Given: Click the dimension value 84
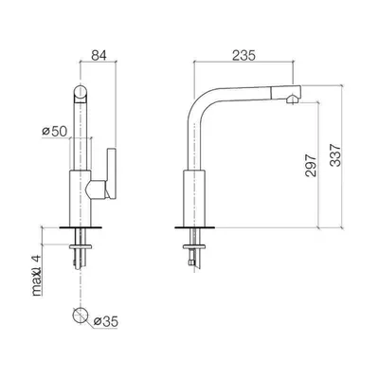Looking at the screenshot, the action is pyautogui.click(x=99, y=55).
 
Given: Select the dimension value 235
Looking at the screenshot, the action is pyautogui.click(x=244, y=56).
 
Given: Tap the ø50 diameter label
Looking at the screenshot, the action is pyautogui.click(x=55, y=132).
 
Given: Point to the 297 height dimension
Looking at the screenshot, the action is pyautogui.click(x=311, y=165).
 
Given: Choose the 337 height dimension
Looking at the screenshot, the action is pyautogui.click(x=335, y=155).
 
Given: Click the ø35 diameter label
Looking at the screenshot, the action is pyautogui.click(x=106, y=321).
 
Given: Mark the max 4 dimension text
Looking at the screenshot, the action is pyautogui.click(x=37, y=276).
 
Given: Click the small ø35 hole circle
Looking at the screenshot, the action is pyautogui.click(x=80, y=315).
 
